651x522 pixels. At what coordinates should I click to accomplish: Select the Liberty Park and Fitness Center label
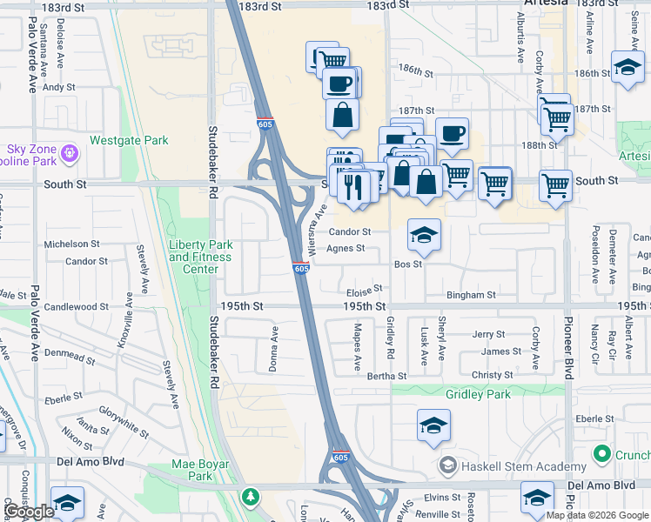(200, 257)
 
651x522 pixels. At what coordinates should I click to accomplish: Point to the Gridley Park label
(478, 394)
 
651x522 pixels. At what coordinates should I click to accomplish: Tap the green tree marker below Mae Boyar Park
(251, 496)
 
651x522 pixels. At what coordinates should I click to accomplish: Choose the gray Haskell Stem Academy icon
(448, 466)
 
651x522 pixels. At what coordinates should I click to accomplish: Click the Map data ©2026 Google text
(597, 515)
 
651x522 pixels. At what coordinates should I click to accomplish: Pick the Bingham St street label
(470, 295)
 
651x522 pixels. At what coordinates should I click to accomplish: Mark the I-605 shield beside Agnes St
(301, 269)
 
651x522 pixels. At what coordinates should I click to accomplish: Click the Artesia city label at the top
(546, 3)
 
